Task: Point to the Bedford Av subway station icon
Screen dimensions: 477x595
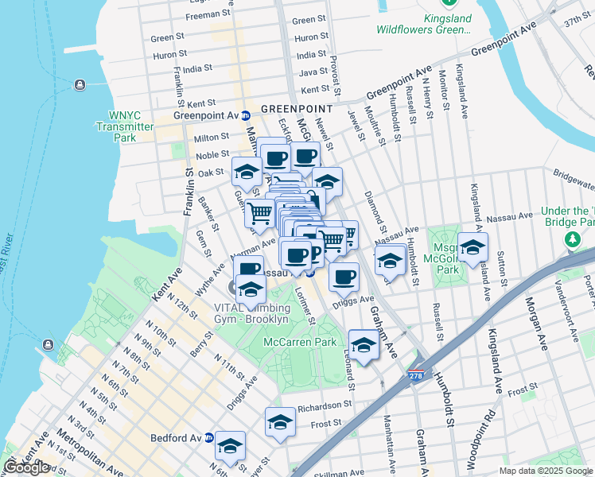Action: [x=209, y=437]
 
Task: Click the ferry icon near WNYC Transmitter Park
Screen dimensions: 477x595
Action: [x=80, y=85]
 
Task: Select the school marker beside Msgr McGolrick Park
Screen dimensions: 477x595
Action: [x=472, y=247]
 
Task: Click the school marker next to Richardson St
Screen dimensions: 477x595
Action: [x=280, y=422]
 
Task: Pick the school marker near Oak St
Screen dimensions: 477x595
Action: [x=247, y=172]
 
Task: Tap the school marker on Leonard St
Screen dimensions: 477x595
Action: [x=364, y=345]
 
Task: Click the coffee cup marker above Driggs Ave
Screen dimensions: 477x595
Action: [x=344, y=277]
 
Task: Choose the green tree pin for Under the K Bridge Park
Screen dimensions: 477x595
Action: [x=571, y=239]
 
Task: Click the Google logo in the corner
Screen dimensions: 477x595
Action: [x=26, y=467]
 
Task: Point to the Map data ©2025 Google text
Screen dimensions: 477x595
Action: [x=546, y=471]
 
